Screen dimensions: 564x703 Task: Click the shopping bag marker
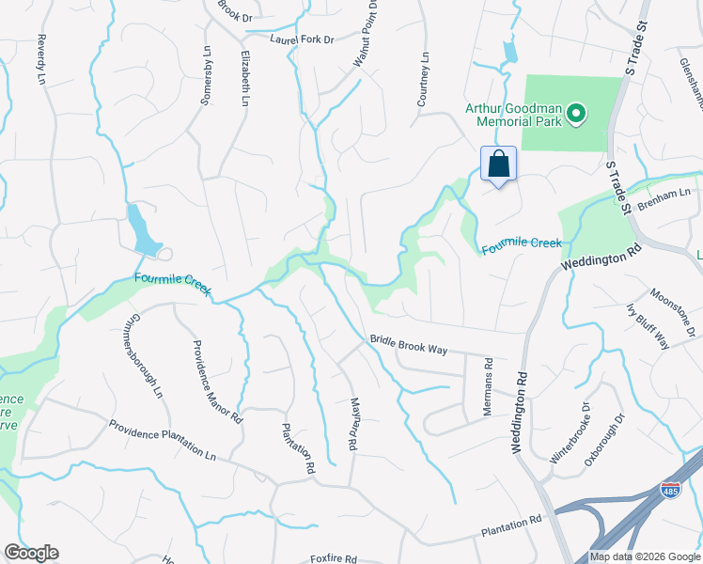tap(498, 164)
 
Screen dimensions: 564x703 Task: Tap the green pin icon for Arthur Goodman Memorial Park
tap(574, 117)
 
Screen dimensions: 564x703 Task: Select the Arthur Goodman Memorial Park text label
tap(513, 114)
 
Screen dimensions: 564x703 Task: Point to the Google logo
tap(31, 553)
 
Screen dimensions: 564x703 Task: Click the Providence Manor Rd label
tap(217, 382)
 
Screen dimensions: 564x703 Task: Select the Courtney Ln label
tap(424, 79)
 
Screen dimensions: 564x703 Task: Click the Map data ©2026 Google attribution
tap(645, 556)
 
